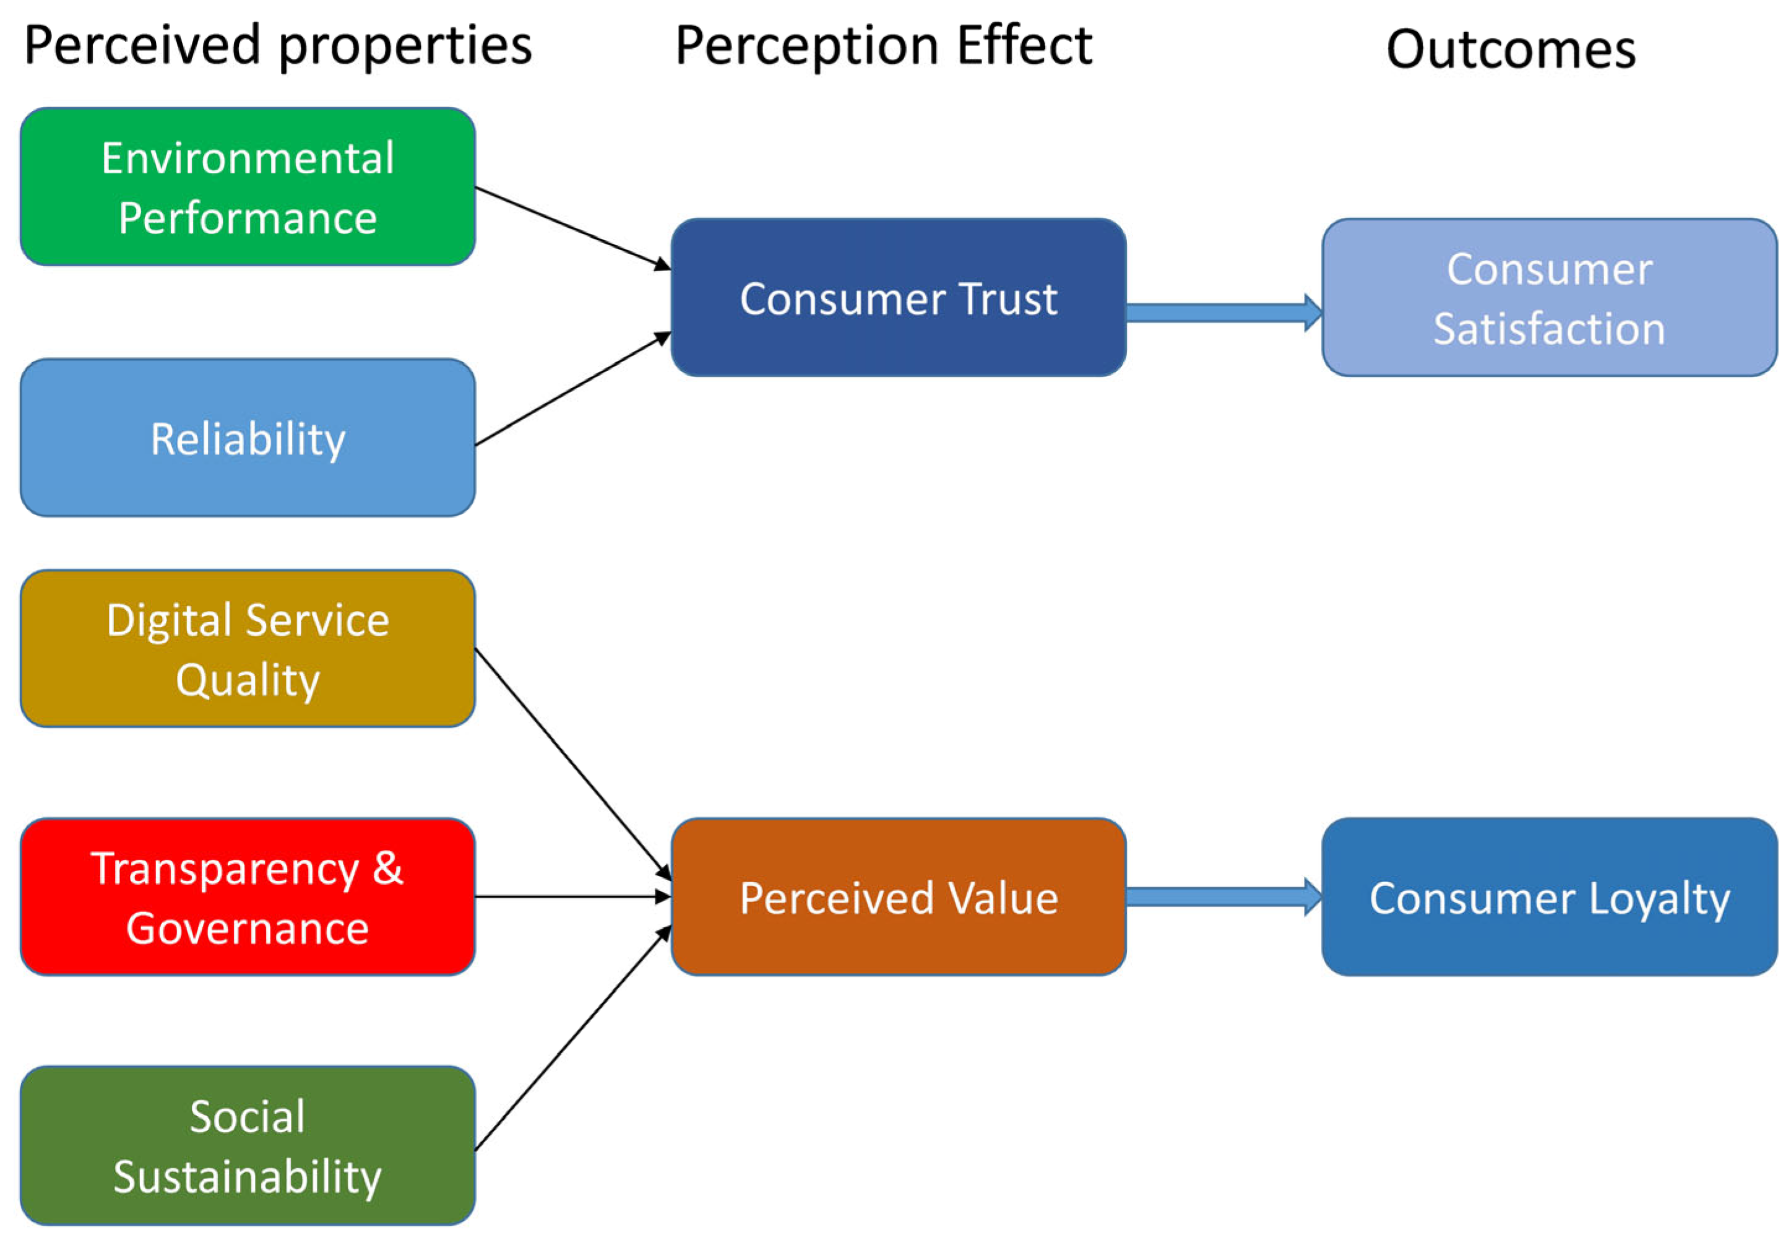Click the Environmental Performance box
click(x=248, y=186)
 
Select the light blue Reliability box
click(x=248, y=438)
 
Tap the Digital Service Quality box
click(x=248, y=649)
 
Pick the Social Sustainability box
click(x=248, y=1145)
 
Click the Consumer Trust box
click(x=899, y=298)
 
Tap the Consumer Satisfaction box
click(x=1550, y=298)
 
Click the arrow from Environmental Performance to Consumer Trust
click(x=573, y=228)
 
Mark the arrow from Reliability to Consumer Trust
click(x=573, y=389)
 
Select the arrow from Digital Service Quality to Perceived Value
click(x=573, y=765)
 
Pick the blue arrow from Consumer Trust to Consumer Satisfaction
click(x=1224, y=313)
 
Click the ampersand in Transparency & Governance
click(x=388, y=868)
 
